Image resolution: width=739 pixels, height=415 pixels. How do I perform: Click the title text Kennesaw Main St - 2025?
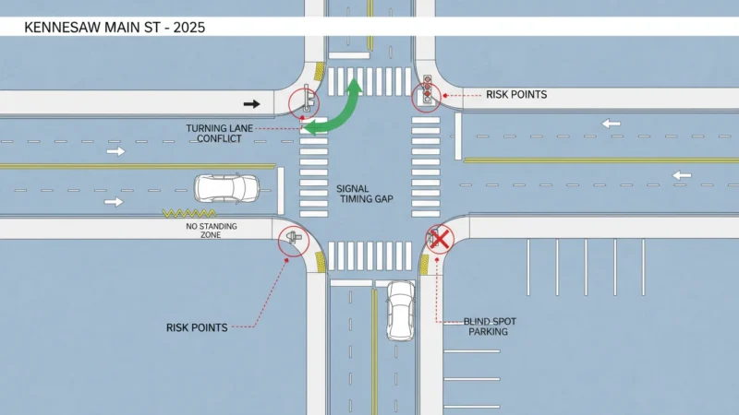(115, 28)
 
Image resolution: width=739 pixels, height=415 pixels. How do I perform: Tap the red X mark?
(440, 240)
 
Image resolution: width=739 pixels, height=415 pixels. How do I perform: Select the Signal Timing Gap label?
(365, 194)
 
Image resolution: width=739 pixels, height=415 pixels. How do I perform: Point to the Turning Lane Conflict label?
(219, 134)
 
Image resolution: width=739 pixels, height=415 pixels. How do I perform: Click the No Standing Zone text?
(212, 230)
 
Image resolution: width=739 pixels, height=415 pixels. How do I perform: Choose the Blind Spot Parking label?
(490, 326)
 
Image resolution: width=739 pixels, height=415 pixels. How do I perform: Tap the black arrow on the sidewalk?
(251, 104)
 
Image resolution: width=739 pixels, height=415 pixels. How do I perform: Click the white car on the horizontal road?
(226, 189)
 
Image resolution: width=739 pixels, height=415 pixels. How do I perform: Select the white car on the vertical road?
(400, 311)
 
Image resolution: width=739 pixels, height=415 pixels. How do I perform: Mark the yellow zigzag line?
(189, 213)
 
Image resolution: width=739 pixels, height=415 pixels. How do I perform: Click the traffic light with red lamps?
(427, 89)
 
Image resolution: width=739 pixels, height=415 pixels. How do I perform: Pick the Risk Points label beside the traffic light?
(516, 95)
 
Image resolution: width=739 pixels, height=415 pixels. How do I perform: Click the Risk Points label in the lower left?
(197, 327)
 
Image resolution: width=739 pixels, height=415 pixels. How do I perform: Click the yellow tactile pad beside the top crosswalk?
(320, 71)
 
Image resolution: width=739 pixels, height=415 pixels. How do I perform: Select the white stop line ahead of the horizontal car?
(281, 191)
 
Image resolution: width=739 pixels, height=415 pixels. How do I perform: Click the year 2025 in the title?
(189, 28)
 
